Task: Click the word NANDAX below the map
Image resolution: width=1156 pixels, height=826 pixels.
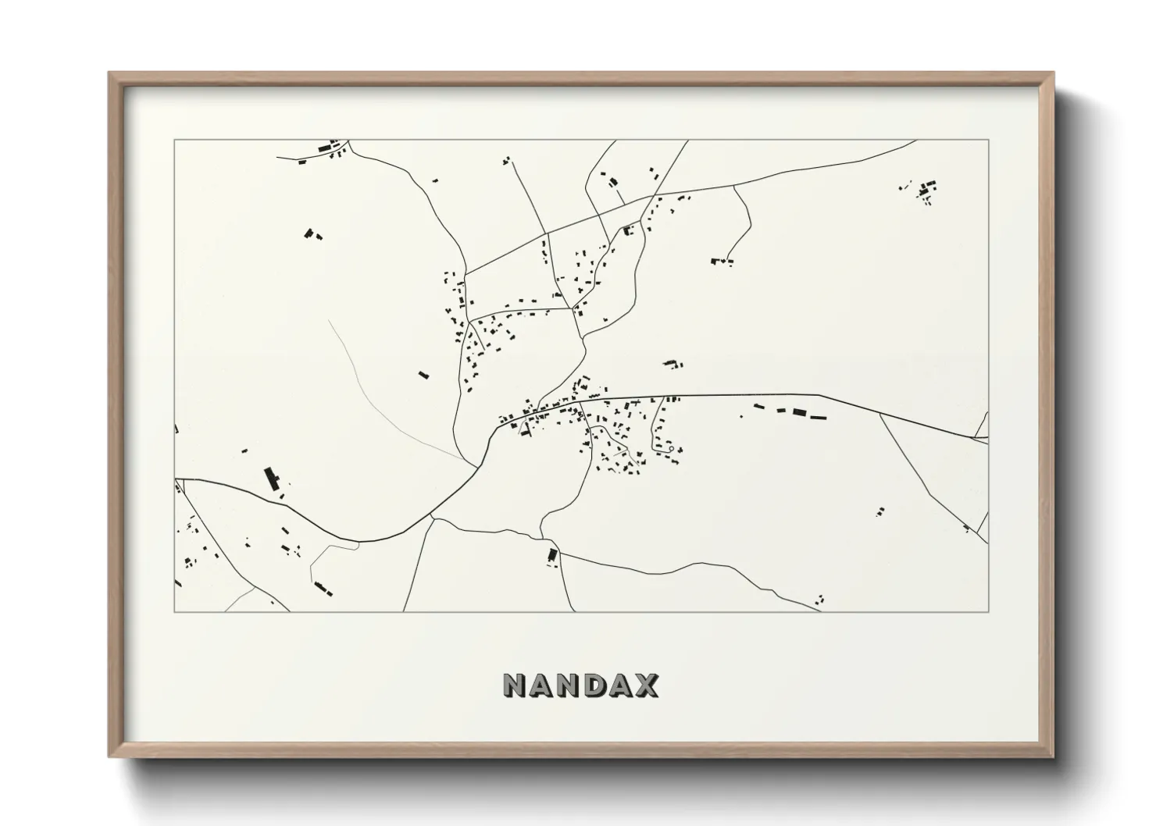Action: tap(580, 685)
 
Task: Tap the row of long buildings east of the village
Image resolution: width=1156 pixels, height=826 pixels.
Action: tap(790, 411)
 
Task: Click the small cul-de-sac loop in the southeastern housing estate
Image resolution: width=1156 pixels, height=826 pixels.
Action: tap(669, 450)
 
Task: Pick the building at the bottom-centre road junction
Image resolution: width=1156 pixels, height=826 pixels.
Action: tap(553, 556)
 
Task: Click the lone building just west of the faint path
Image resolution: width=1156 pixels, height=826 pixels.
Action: tap(423, 375)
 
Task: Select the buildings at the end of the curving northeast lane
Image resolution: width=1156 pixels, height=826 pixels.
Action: tap(722, 261)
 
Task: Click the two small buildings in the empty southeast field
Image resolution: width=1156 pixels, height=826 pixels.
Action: tap(880, 512)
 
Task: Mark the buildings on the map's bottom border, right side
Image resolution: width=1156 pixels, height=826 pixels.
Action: tap(819, 599)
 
